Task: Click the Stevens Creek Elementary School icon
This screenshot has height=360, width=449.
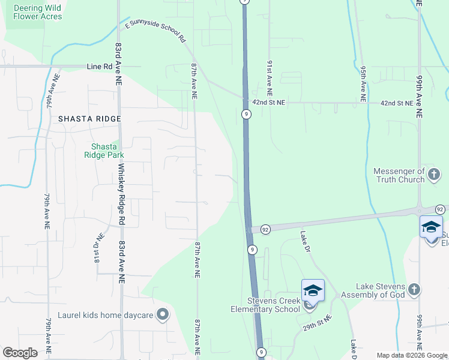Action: coord(313,291)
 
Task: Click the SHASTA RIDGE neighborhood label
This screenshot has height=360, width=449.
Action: coord(89,119)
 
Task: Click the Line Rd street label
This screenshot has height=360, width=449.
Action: coord(100,67)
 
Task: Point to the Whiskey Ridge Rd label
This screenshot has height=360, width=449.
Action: coord(122,194)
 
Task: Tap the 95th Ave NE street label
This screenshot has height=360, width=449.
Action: coord(363,83)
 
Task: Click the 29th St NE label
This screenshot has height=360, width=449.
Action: coord(317,326)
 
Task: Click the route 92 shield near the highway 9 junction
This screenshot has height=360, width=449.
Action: coord(265,229)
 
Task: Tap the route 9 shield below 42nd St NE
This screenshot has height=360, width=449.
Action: coord(246,113)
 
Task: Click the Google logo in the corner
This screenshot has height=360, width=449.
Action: coord(20,353)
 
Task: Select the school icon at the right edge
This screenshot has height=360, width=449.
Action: coord(431,227)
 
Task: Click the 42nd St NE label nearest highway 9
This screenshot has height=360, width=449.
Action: coord(269,103)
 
